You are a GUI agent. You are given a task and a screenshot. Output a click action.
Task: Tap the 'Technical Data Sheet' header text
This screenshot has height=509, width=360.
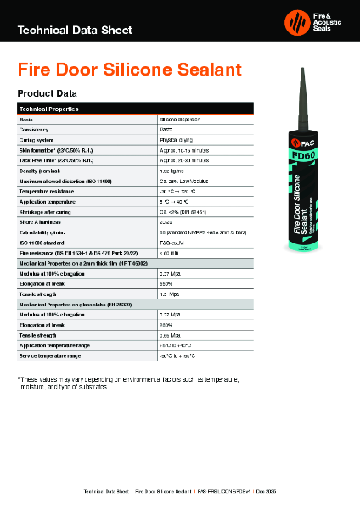point(75,31)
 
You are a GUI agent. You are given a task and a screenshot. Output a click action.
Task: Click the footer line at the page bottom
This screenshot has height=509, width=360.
point(179,491)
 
